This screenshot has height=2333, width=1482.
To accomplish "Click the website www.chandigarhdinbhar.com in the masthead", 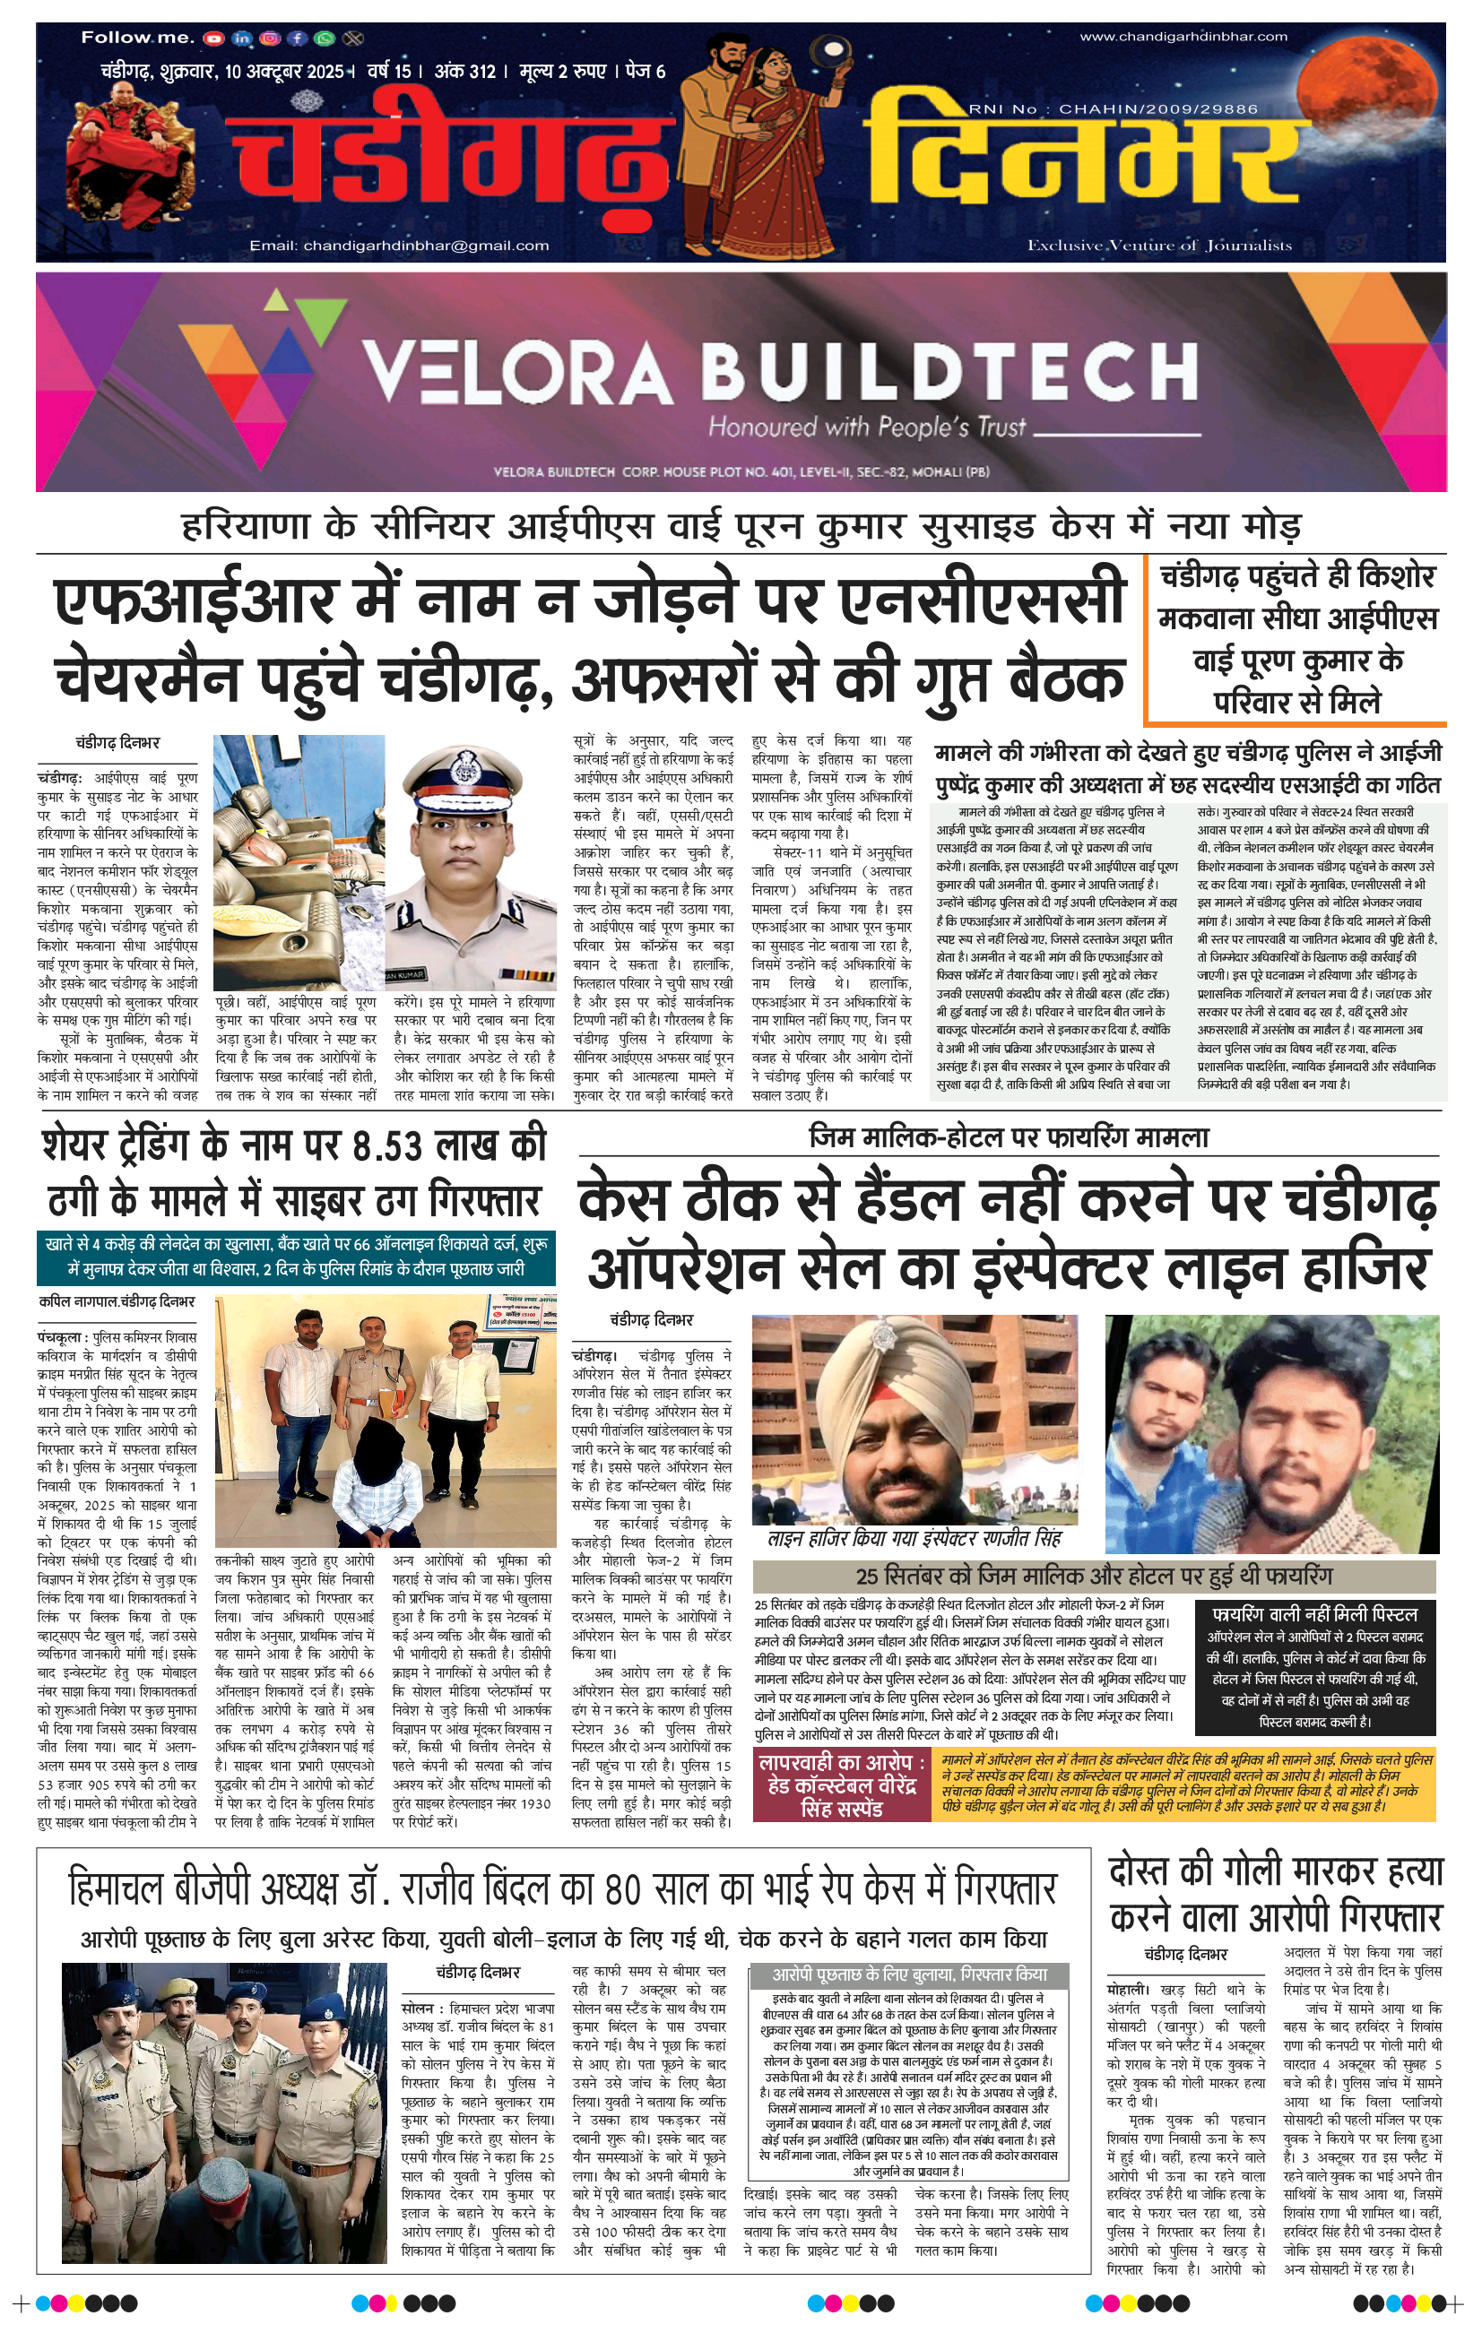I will (x=1183, y=37).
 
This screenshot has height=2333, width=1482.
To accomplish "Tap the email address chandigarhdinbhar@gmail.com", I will (x=398, y=245).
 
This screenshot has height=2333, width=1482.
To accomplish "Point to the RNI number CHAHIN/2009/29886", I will (x=1114, y=109).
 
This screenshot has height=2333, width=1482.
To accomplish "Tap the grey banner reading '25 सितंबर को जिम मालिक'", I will (x=1093, y=1577).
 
